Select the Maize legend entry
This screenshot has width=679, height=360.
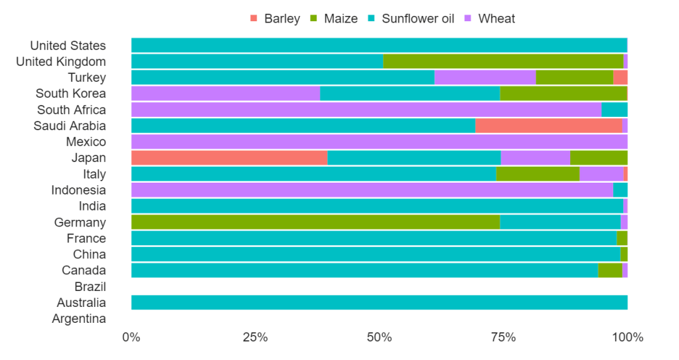click(334, 19)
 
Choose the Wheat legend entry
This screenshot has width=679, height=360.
click(489, 19)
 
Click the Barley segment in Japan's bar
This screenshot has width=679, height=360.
click(229, 158)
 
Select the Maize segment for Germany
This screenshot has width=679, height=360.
click(315, 223)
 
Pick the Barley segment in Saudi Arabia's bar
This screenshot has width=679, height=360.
click(549, 126)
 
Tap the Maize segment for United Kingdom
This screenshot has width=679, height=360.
click(503, 62)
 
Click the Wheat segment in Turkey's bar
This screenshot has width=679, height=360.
click(485, 78)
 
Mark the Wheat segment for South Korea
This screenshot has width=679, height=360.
click(226, 94)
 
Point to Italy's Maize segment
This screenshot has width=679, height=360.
click(538, 174)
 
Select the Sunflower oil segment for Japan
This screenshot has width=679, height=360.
click(414, 158)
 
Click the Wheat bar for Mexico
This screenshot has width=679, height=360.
click(379, 142)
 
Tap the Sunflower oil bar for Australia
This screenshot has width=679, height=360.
click(379, 303)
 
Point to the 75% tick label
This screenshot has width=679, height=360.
click(503, 337)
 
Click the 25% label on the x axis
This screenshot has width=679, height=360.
click(255, 337)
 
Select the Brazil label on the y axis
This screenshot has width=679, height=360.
click(90, 287)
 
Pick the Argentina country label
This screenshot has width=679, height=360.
click(79, 319)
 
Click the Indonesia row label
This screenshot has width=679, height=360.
click(78, 190)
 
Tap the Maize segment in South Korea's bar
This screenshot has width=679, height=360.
click(563, 94)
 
